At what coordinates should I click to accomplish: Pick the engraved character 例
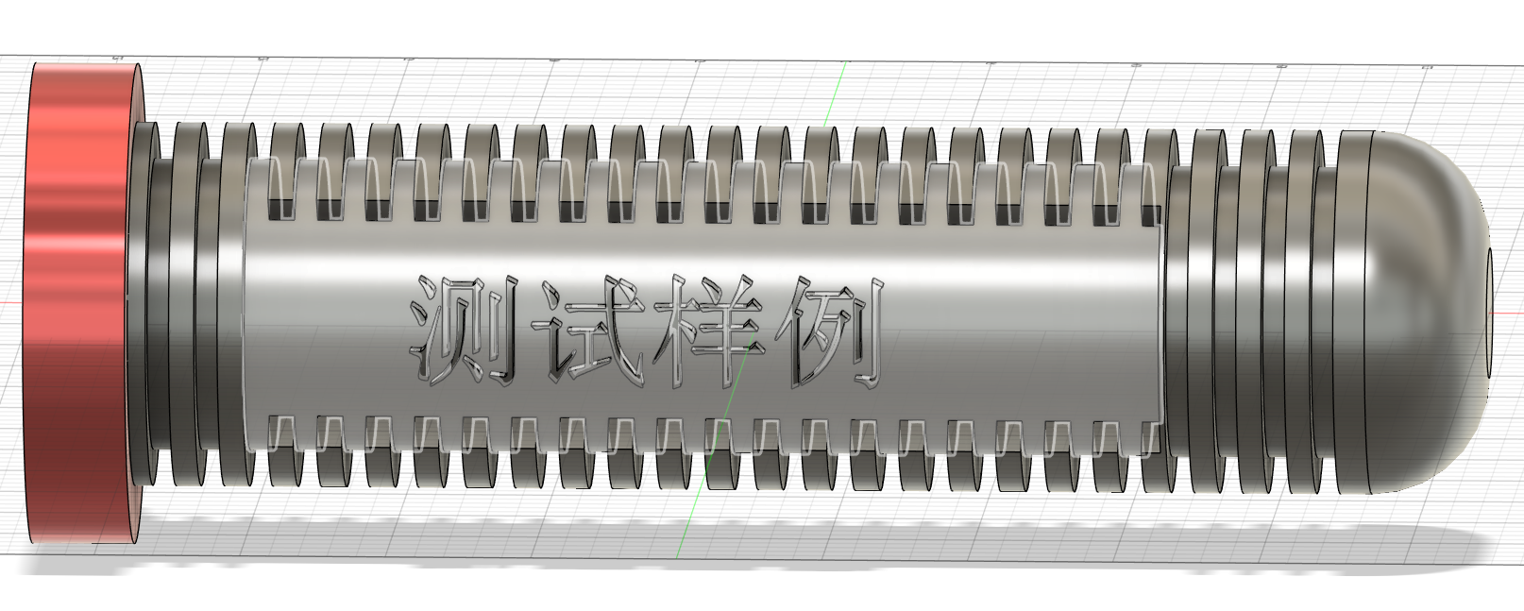(x=830, y=332)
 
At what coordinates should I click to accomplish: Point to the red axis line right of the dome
(x=1508, y=313)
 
